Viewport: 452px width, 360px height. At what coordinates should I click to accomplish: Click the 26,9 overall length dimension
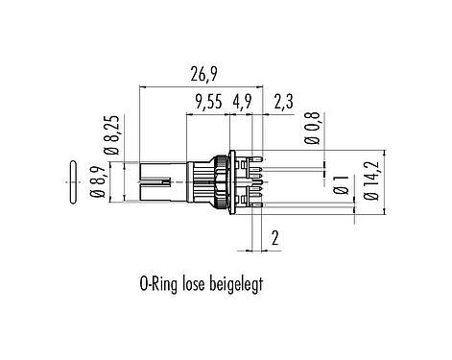tap(203, 75)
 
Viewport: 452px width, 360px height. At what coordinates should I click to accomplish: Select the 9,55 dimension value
tap(209, 103)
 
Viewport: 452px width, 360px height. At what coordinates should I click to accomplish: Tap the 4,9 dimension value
tap(243, 103)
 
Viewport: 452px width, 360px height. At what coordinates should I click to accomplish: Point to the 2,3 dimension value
tap(283, 103)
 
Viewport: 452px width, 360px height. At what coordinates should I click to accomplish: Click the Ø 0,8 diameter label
tap(313, 128)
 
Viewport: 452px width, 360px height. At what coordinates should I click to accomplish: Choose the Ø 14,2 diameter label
tap(372, 180)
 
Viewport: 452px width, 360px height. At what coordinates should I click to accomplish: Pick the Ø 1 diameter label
tap(341, 185)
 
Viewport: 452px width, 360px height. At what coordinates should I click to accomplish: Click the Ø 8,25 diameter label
tap(113, 134)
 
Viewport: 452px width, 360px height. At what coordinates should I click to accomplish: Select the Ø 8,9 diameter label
tap(98, 182)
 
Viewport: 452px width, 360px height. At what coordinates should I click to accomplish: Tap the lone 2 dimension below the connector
tap(275, 238)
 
